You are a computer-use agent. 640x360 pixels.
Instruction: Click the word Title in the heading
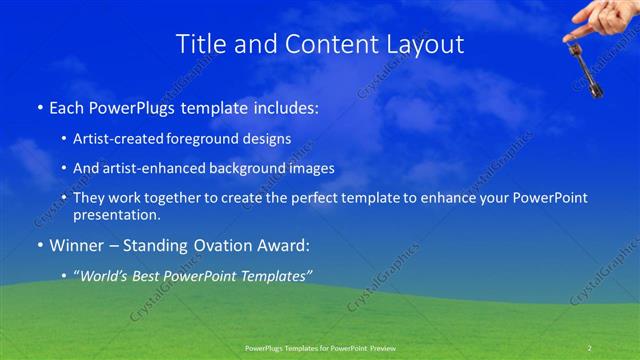198,44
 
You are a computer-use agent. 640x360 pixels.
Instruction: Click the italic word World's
106,275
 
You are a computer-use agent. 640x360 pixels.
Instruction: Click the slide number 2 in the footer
590,347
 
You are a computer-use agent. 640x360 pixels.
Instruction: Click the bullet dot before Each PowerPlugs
40,105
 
